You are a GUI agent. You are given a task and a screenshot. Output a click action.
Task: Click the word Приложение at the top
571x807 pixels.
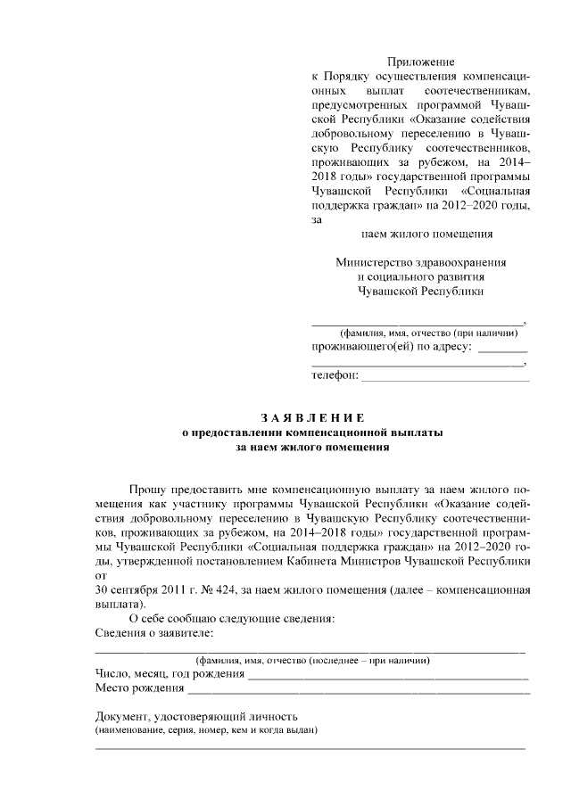420,62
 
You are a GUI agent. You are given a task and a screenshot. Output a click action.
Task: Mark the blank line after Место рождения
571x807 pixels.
357,690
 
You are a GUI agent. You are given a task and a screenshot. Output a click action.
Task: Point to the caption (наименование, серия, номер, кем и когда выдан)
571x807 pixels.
206,730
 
